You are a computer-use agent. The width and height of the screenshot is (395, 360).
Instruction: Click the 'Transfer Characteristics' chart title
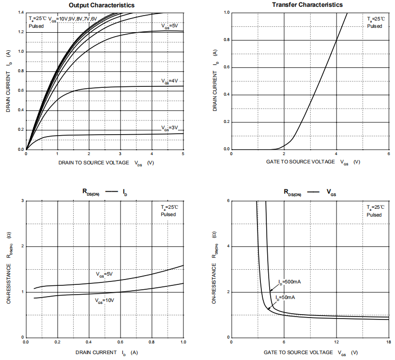307,5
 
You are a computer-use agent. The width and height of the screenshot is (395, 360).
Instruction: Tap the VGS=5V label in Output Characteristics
170,25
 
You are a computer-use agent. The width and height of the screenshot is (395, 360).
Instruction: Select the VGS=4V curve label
170,81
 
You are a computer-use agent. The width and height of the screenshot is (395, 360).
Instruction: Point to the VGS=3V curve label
170,127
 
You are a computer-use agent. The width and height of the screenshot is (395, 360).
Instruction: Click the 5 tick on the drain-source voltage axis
183,154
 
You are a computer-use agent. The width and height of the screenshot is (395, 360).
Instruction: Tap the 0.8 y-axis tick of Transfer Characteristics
226,40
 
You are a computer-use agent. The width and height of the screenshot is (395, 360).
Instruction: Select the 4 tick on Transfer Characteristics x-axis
336,154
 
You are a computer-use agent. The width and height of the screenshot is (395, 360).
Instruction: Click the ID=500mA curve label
290,282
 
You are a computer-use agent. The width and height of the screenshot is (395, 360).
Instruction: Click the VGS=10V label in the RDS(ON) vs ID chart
105,300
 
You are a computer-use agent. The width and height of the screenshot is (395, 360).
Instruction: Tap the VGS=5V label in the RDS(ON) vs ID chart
104,274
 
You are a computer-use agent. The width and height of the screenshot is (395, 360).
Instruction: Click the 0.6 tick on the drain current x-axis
120,342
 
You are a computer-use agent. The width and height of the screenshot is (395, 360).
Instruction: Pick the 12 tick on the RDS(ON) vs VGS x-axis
336,342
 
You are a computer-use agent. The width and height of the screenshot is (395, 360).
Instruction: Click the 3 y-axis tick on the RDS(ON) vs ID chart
22,201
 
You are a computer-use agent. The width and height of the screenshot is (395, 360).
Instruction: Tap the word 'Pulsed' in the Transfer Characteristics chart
375,26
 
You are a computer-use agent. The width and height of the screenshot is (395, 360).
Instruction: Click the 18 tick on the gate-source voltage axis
389,342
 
